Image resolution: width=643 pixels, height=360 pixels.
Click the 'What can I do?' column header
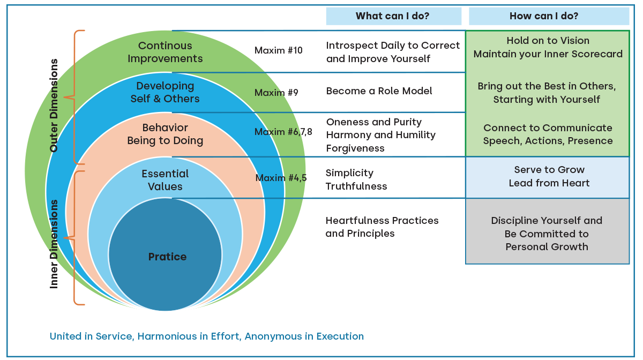(x=393, y=16)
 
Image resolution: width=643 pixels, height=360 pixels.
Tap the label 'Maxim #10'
(x=279, y=51)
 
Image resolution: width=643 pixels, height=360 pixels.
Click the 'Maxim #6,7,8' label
(x=283, y=132)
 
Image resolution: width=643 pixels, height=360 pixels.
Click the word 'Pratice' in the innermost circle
(x=167, y=257)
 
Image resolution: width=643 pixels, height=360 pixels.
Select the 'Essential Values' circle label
(x=165, y=181)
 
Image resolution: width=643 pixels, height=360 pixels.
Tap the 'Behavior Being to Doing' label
(x=165, y=134)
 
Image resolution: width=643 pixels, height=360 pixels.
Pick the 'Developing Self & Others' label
(x=165, y=93)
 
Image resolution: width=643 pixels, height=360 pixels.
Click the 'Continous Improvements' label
(x=165, y=52)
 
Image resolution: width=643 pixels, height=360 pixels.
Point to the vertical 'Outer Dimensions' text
(x=54, y=106)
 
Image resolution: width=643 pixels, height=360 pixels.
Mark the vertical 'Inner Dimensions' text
(x=54, y=244)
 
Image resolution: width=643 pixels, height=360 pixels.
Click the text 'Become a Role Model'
(x=379, y=91)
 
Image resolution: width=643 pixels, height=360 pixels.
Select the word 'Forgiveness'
(x=355, y=148)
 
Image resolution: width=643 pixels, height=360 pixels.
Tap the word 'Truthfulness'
(x=356, y=186)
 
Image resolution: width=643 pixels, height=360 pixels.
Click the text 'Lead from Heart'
(x=549, y=183)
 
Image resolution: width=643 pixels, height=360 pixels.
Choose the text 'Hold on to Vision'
(x=548, y=41)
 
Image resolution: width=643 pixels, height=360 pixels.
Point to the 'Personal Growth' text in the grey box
(x=547, y=247)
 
